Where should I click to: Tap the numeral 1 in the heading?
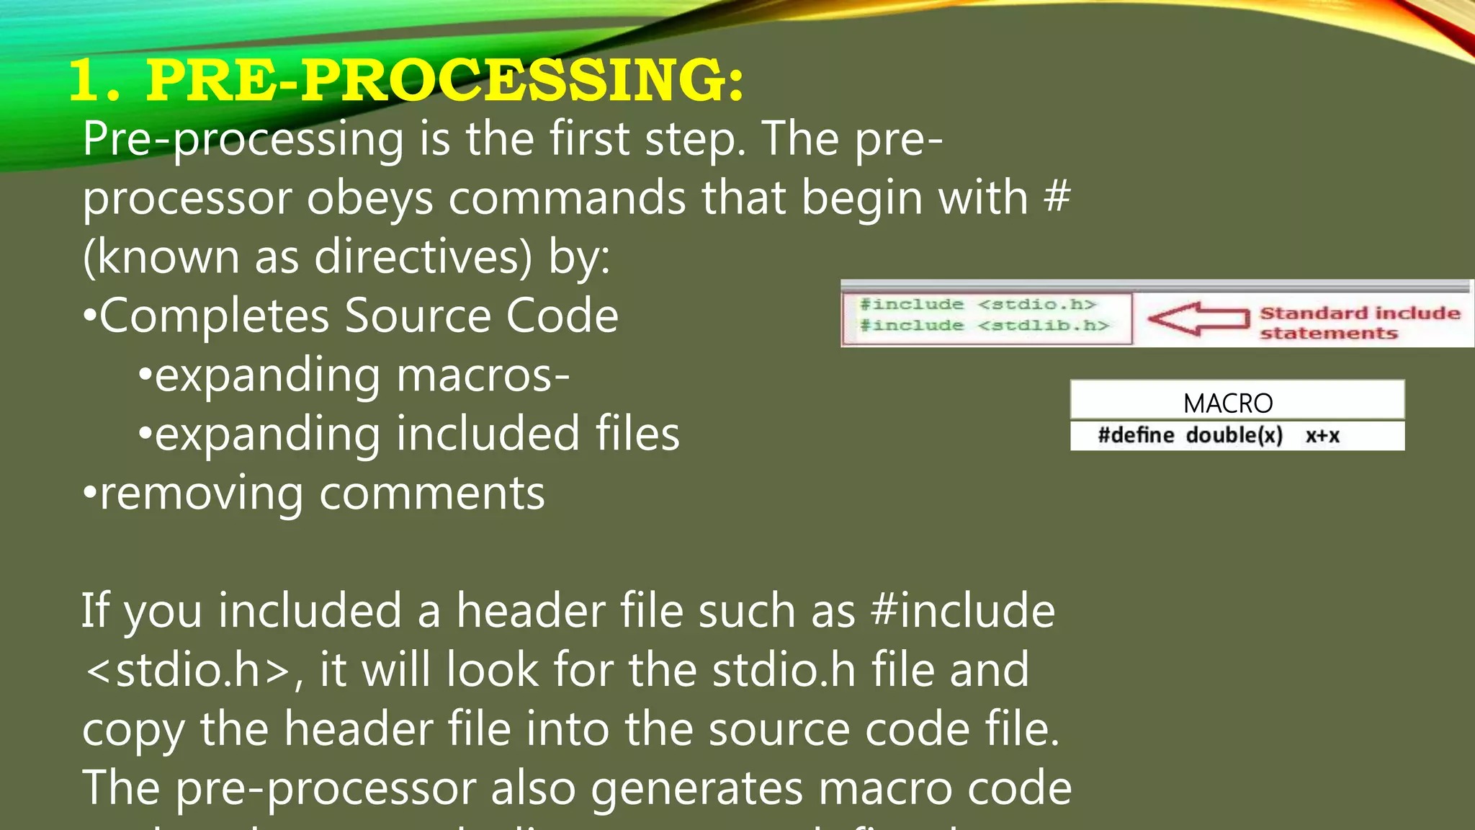(x=89, y=81)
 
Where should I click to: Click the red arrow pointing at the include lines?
(x=1197, y=318)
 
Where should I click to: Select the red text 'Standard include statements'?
(x=1359, y=323)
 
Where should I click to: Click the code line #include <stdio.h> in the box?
(x=977, y=305)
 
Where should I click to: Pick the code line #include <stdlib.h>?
(x=984, y=326)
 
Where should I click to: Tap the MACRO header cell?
(x=1228, y=403)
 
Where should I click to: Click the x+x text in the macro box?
(x=1322, y=436)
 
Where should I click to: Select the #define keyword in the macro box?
(x=1135, y=435)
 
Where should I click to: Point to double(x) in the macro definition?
(x=1234, y=435)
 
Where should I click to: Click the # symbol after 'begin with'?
(x=1057, y=197)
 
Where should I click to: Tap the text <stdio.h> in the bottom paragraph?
(x=187, y=670)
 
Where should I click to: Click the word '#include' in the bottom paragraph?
(x=962, y=611)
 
